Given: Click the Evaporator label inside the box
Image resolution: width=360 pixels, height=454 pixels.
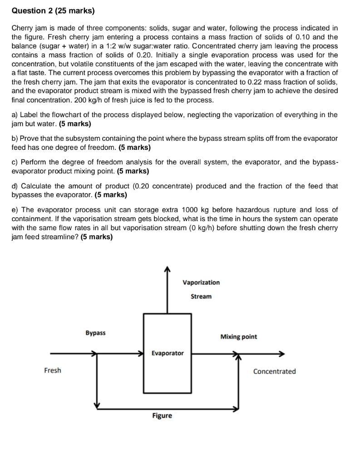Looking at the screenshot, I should coord(168,353).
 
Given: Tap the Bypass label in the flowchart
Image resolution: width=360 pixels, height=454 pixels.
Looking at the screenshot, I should coord(95,333).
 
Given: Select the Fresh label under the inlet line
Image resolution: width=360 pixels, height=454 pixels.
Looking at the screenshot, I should coord(53,370).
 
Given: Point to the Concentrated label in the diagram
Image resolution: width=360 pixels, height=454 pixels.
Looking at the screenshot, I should coord(274,371).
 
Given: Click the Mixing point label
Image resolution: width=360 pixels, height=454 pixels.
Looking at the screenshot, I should coord(238,337).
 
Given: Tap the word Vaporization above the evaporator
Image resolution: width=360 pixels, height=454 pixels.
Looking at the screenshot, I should coord(201,282).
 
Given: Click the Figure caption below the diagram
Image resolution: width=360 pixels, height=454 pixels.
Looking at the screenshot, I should coord(162,415).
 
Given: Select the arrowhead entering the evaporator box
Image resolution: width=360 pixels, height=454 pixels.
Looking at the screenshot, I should coord(141,353).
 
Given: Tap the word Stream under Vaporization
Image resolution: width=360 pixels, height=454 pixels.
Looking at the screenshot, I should coord(201,296).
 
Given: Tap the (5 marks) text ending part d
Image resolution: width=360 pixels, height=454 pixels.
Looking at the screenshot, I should coord(111,195).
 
